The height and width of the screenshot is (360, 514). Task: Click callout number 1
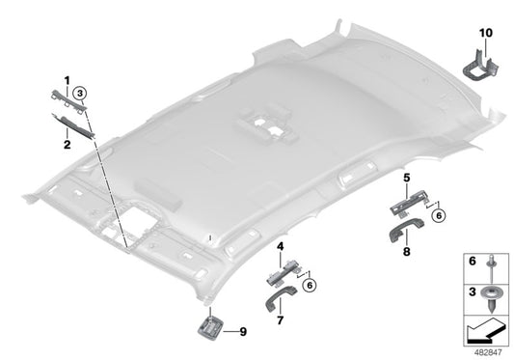click(68, 78)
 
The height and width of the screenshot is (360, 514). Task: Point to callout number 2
click(68, 145)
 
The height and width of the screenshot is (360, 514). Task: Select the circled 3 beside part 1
click(82, 94)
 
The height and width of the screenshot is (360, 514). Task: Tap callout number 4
click(279, 247)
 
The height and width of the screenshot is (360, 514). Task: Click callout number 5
click(406, 178)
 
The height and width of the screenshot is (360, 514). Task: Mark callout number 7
click(280, 318)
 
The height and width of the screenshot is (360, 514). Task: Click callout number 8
click(406, 251)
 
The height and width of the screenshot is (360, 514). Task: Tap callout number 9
click(242, 331)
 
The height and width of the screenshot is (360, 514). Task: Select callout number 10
click(486, 33)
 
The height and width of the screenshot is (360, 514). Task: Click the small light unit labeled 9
click(210, 328)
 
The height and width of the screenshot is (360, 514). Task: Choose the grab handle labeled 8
click(404, 230)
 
